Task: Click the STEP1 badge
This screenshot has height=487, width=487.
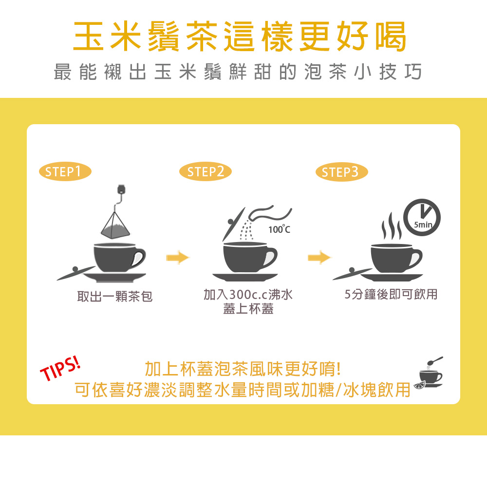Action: click(65, 171)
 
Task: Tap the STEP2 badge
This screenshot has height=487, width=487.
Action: click(205, 171)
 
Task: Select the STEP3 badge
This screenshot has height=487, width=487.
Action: click(343, 171)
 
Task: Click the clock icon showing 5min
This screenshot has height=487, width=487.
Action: click(422, 217)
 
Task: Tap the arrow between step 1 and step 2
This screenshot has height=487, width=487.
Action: click(177, 258)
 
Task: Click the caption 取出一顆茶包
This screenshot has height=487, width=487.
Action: click(115, 296)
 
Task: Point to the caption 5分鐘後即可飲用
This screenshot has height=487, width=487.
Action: click(391, 294)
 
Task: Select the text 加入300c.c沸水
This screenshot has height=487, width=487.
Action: click(248, 294)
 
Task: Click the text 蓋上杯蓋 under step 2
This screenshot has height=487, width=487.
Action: click(248, 309)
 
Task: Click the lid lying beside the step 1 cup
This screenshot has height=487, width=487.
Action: click(75, 272)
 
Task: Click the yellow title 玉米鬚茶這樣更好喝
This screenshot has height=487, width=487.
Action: click(240, 37)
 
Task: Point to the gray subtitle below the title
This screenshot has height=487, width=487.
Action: click(238, 72)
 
